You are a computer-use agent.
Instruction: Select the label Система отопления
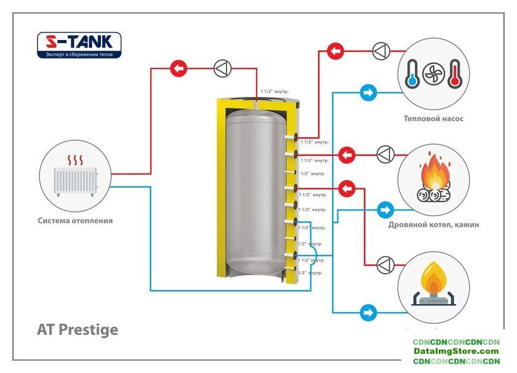point(75,220)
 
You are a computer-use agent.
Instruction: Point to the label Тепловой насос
point(434,119)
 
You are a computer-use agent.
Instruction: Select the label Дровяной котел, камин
point(434,225)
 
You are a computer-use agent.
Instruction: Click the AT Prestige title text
point(78,329)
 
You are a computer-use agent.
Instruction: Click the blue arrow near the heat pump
point(369,93)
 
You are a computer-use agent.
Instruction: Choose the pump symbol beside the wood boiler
point(385,154)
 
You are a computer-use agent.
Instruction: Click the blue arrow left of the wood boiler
point(385,209)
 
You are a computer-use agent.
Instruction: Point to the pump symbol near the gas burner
point(385,264)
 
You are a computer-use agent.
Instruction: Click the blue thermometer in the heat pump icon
point(411,73)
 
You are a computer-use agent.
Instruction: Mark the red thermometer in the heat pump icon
point(455,73)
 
